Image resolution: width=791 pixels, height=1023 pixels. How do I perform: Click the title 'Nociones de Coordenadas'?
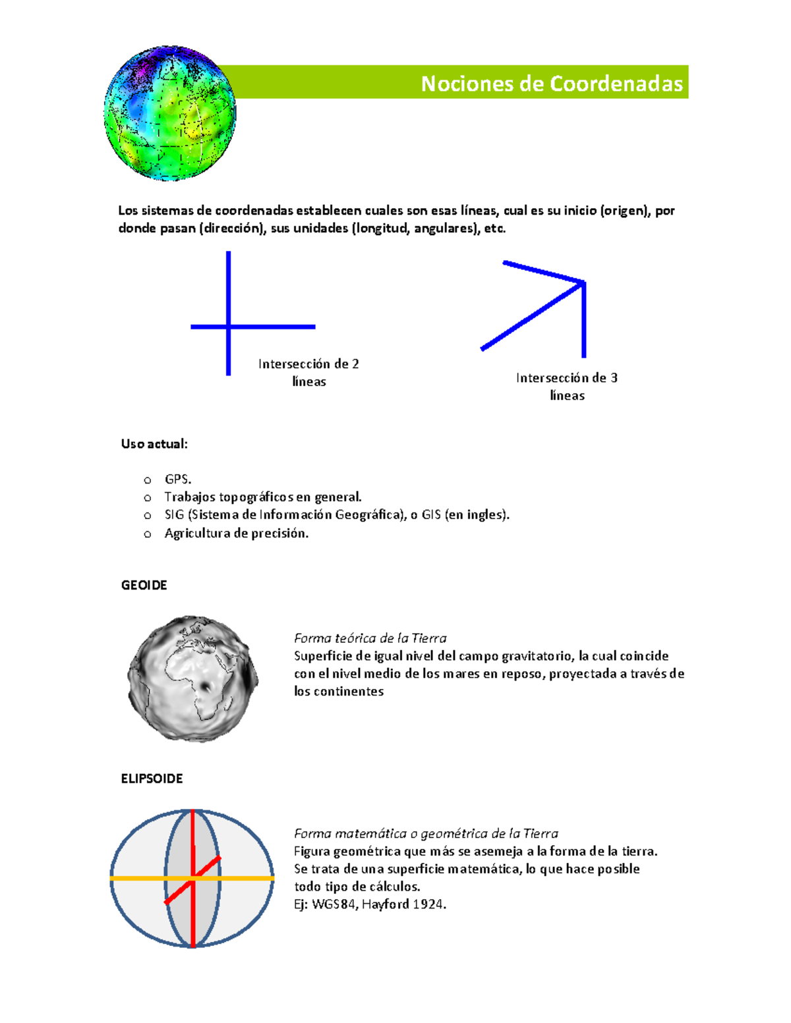551,84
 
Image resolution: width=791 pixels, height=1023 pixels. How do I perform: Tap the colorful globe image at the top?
170,113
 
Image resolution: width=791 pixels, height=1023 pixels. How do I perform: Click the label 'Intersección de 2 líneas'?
308,372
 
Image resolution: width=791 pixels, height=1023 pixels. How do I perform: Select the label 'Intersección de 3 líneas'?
567,386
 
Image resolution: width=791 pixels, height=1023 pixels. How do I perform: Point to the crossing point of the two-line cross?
229,326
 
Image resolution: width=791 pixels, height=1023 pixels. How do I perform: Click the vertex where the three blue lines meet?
583,283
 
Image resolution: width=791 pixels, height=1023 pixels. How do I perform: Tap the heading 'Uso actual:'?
154,444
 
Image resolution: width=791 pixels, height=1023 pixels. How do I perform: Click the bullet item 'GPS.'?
178,480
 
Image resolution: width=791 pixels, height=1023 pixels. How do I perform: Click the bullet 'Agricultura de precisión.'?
236,534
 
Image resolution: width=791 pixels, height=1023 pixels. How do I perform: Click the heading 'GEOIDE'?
144,585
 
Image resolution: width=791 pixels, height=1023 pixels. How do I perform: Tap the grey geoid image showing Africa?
192,678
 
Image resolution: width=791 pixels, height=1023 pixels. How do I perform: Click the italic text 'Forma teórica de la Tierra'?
370,638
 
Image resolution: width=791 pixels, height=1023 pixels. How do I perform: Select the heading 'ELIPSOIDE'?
152,779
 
